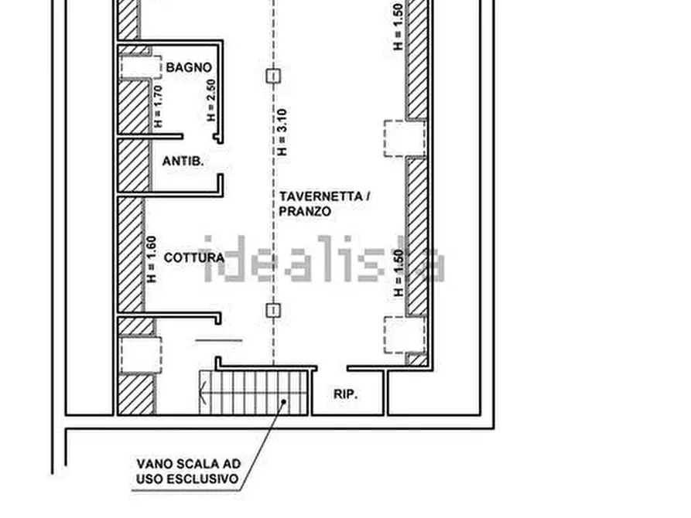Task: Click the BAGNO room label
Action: (x=188, y=68)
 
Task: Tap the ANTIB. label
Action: (x=183, y=162)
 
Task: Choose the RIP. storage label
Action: (x=345, y=394)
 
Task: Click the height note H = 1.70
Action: (x=158, y=105)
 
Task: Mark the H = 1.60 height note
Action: (x=152, y=259)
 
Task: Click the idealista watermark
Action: (x=324, y=260)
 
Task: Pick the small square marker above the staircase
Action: (x=272, y=311)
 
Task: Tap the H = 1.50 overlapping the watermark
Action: (x=399, y=273)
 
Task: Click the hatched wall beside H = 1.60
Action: (x=131, y=255)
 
